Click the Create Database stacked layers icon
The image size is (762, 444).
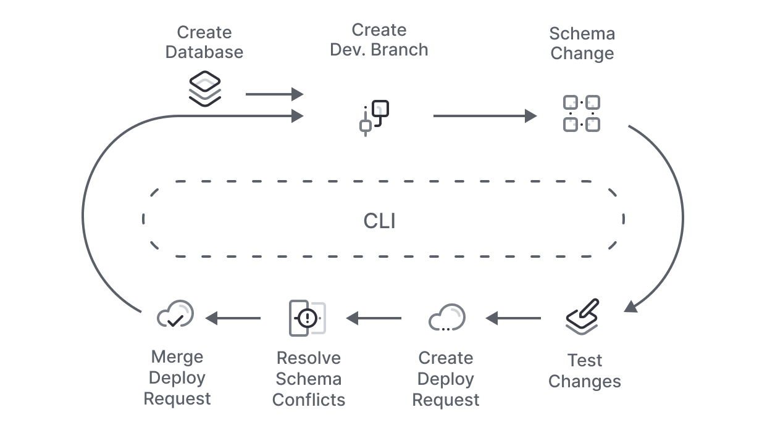[204, 89]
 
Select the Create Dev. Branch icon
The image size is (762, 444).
[374, 117]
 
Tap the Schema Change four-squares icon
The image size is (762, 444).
[581, 113]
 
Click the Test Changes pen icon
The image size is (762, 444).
[582, 317]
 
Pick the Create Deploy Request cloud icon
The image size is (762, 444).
[446, 318]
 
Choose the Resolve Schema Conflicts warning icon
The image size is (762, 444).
[308, 318]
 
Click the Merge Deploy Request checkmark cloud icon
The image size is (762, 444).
[175, 315]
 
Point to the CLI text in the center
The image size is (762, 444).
[379, 221]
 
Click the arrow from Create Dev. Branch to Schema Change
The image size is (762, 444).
[485, 116]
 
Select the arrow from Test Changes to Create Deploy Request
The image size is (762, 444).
[513, 318]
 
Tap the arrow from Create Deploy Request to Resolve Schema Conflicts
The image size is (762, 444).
[374, 318]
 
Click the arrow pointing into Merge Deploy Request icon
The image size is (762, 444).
[233, 318]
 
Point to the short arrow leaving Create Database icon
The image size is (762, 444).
[274, 94]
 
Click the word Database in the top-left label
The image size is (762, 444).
[204, 52]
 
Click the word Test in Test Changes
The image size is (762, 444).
[584, 360]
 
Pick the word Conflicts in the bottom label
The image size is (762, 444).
[308, 400]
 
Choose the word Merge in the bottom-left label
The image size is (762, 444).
[177, 357]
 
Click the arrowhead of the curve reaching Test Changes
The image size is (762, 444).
[631, 306]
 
